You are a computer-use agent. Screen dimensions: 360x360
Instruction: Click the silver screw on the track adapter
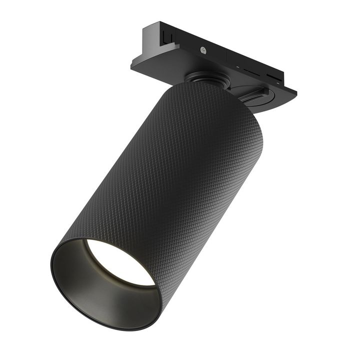click(x=203, y=49)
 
